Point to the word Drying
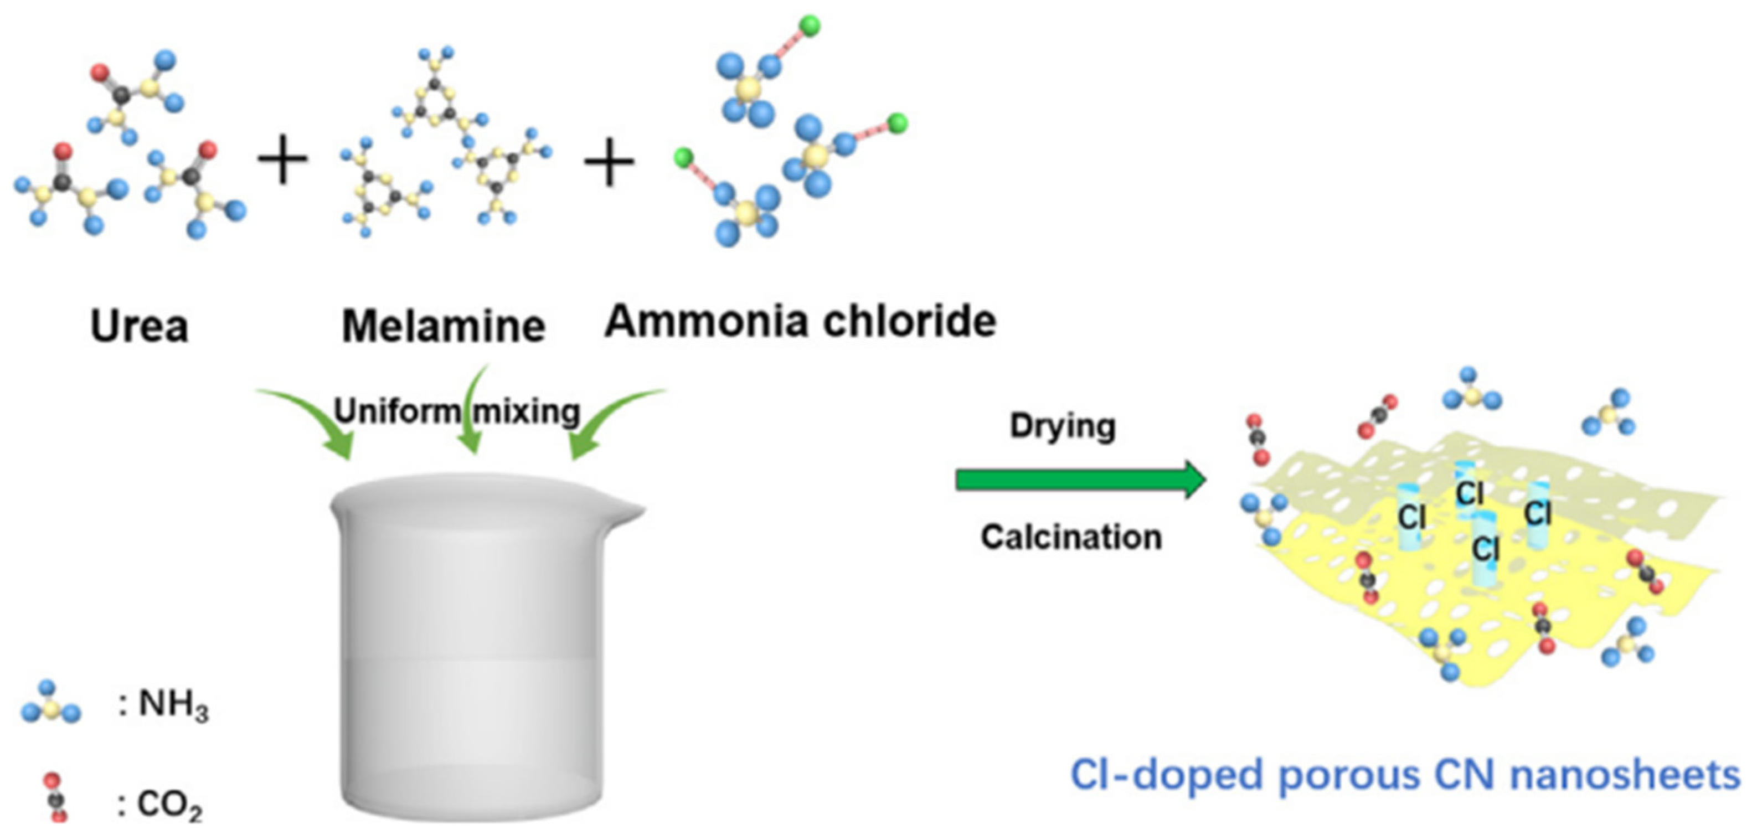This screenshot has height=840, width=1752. tap(1063, 426)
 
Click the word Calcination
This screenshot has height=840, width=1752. tap(1071, 537)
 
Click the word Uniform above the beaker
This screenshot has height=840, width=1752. tap(396, 411)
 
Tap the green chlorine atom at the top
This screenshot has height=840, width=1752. tap(810, 26)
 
